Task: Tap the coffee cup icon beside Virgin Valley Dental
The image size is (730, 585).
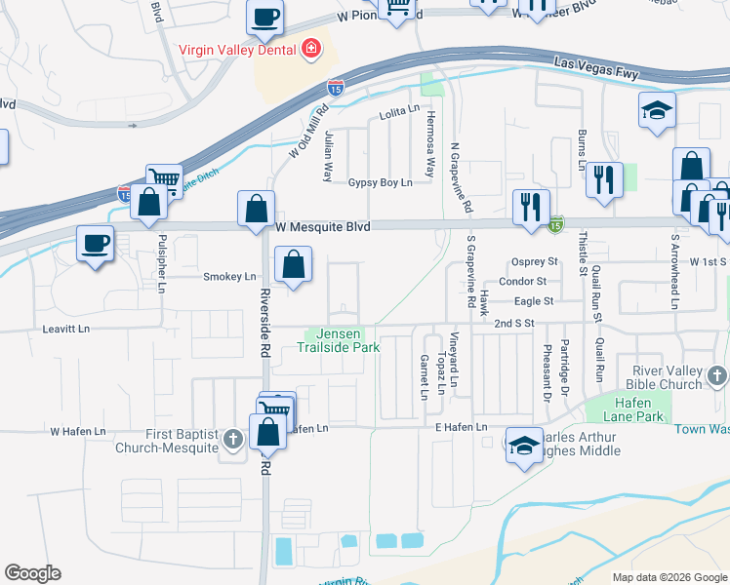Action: coord(264,16)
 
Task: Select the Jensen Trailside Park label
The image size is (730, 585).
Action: coord(338,340)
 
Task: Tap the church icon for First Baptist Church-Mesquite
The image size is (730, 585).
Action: coord(232,441)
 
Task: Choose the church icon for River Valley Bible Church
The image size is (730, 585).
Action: coord(717,376)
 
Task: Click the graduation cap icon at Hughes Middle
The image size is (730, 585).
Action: coord(525,444)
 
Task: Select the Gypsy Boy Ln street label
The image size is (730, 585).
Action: coord(381,182)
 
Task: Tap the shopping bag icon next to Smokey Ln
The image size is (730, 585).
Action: coord(293,264)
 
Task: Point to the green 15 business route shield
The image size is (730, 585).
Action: coord(555,225)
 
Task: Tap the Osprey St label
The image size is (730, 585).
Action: coord(535,262)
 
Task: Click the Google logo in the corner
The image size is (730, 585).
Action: coord(32,573)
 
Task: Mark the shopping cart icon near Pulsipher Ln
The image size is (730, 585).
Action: coord(164,179)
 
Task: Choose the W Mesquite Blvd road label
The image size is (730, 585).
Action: coord(323,226)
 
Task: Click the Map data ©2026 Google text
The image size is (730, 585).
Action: coord(669,577)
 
